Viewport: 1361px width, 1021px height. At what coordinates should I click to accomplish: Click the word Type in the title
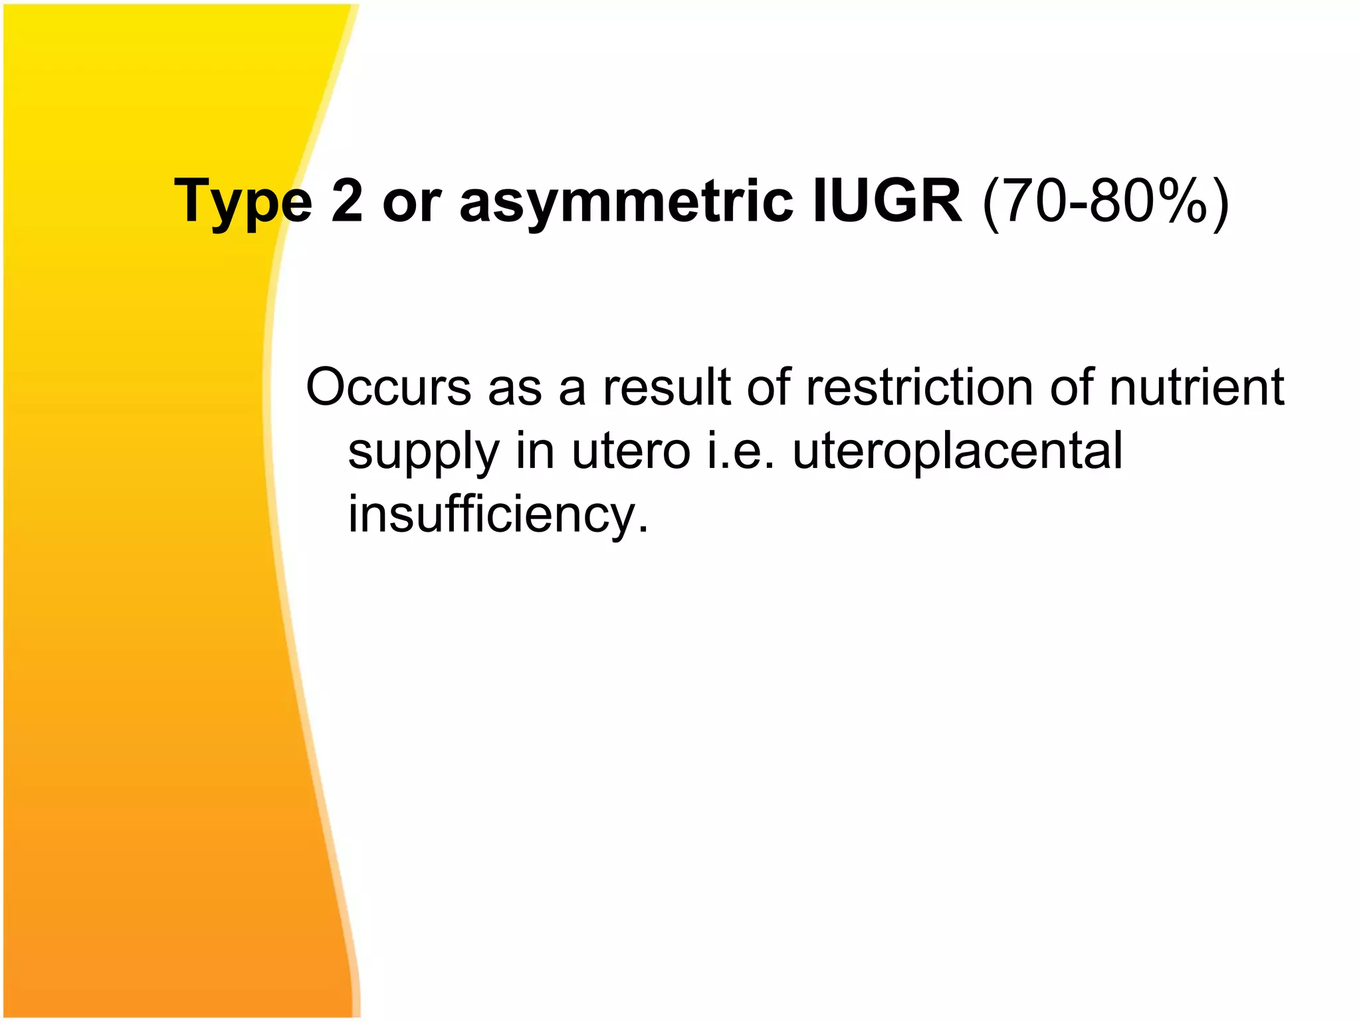(243, 202)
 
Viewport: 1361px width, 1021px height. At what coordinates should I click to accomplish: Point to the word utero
(631, 451)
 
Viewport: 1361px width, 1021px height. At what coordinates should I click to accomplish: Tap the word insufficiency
(492, 514)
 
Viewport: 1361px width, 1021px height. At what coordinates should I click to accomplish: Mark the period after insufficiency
(642, 530)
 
